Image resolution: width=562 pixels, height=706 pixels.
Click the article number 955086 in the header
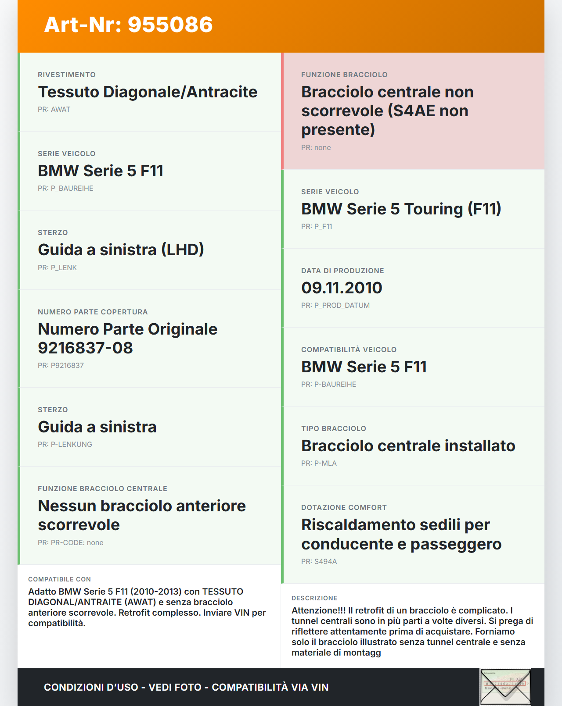pyautogui.click(x=170, y=25)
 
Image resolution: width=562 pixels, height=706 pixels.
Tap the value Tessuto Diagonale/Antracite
pyautogui.click(x=148, y=92)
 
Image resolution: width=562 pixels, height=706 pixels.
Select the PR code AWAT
pyautogui.click(x=61, y=110)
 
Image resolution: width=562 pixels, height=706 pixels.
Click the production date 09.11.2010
pyautogui.click(x=342, y=288)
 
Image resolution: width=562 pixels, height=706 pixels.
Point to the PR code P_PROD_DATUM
pyautogui.click(x=342, y=306)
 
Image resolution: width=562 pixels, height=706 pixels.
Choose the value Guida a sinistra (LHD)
pyautogui.click(x=121, y=250)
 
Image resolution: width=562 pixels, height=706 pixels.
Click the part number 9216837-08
pyautogui.click(x=85, y=348)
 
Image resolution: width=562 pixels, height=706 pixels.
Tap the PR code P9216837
pyautogui.click(x=67, y=366)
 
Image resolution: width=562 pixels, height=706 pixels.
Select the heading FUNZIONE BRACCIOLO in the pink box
pyautogui.click(x=344, y=75)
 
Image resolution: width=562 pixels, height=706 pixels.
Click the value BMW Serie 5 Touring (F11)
pyautogui.click(x=401, y=209)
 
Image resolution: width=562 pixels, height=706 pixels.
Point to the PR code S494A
pyautogui.click(x=325, y=562)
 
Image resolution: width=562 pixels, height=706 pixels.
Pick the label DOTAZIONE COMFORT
pyautogui.click(x=344, y=508)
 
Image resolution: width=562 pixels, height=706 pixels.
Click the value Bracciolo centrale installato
pyautogui.click(x=408, y=446)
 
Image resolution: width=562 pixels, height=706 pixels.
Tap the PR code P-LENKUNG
pyautogui.click(x=71, y=445)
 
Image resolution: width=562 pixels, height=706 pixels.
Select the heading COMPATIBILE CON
pyautogui.click(x=59, y=580)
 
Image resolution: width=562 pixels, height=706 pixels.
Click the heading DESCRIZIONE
pyautogui.click(x=314, y=599)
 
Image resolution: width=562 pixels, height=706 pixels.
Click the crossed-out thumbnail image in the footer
pyautogui.click(x=505, y=687)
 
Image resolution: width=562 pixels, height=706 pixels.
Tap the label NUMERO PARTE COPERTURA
pyautogui.click(x=93, y=312)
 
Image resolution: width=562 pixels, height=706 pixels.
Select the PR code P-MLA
pyautogui.click(x=325, y=464)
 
